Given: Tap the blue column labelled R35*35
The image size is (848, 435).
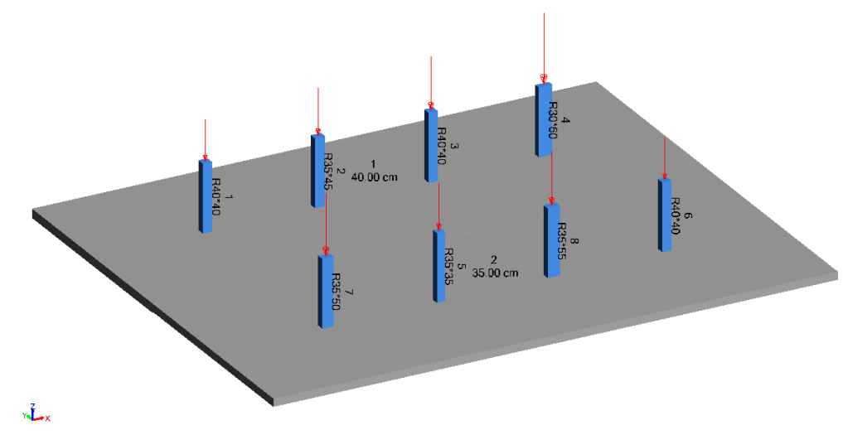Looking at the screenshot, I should [439, 265].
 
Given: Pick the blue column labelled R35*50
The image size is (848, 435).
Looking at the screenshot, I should [326, 291].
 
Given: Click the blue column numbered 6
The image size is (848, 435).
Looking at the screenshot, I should [664, 215].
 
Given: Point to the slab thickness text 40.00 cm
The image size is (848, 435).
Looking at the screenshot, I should [375, 176].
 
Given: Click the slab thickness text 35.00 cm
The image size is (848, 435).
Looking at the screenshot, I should [495, 273].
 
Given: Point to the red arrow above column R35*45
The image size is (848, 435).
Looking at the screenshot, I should [317, 112].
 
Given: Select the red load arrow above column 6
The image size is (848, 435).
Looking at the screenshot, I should [664, 157].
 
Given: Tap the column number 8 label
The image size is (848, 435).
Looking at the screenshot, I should [574, 243].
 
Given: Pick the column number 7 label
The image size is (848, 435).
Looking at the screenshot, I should [349, 292].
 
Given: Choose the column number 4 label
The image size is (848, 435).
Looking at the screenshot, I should [566, 121].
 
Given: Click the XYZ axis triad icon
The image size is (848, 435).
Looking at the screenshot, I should [33, 414].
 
